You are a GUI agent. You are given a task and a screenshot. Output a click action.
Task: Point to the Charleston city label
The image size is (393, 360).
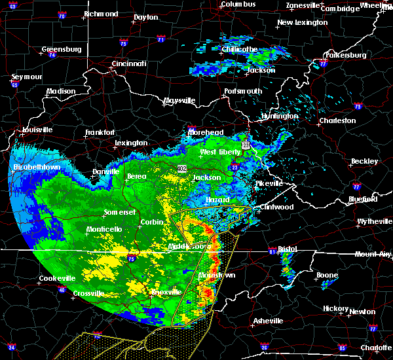point(337,120)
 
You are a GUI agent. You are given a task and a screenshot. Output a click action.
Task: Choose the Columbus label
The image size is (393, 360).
point(237,4)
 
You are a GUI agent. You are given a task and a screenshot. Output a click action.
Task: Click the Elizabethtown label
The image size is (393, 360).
point(37,168)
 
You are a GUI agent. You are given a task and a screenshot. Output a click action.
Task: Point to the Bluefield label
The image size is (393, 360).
point(363,198)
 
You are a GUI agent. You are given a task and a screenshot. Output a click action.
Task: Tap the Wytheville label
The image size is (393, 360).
point(371,222)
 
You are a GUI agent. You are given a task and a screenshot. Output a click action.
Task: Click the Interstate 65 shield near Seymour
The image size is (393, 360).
point(15,85)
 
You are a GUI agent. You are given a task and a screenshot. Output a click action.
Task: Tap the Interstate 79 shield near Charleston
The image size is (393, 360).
point(358,106)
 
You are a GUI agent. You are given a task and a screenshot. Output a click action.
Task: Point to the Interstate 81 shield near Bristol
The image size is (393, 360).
point(272,251)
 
